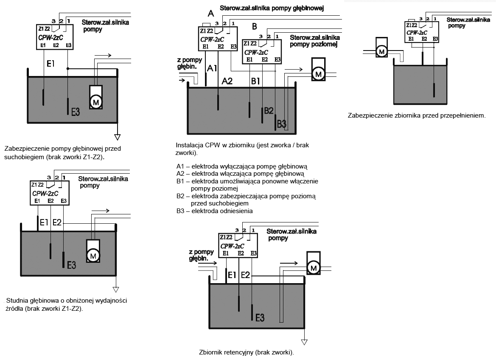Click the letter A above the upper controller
point(209,13)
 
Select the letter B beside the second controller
point(255,27)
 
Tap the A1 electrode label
point(212,67)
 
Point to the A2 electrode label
point(227,81)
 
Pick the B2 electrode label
point(269,111)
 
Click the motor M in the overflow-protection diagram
point(381,52)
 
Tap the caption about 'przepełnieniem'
point(416,115)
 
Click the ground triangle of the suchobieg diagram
point(118,137)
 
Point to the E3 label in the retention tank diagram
point(260,317)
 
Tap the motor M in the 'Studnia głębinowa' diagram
point(93,255)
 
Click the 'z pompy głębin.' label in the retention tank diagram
point(199,256)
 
